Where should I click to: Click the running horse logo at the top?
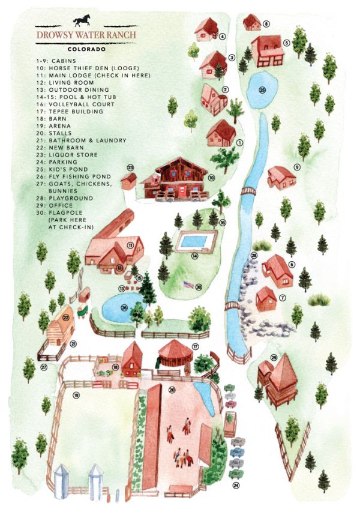tap(84, 22)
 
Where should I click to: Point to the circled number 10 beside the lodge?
tap(212, 178)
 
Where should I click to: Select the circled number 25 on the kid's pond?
tap(262, 90)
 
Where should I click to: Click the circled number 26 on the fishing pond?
tap(124, 309)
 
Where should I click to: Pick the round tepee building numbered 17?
tap(175, 354)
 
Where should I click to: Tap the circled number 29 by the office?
tap(274, 358)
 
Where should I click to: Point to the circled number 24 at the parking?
tap(236, 484)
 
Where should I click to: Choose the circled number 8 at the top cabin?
tap(266, 24)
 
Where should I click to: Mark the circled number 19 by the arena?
tap(76, 394)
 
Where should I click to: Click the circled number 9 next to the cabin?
tap(296, 166)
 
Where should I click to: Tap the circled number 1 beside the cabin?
tap(239, 143)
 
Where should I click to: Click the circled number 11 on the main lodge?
tap(130, 245)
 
